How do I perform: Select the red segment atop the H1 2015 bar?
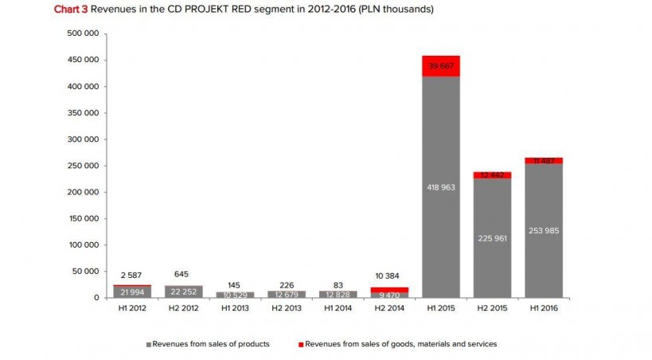tap(441, 67)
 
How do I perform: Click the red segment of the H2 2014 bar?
tap(389, 290)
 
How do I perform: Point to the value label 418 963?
tap(441, 187)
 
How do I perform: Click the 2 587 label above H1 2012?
tap(132, 275)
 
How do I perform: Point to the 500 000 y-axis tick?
tap(84, 33)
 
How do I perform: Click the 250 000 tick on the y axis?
tap(84, 166)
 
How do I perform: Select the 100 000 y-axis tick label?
tap(84, 245)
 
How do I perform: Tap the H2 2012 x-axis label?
tap(183, 308)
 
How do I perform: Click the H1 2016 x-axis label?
tap(544, 308)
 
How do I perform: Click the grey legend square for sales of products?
tap(148, 344)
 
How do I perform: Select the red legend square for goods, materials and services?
tap(300, 344)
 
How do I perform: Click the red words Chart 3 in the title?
tap(71, 9)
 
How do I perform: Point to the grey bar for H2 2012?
tap(183, 292)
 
